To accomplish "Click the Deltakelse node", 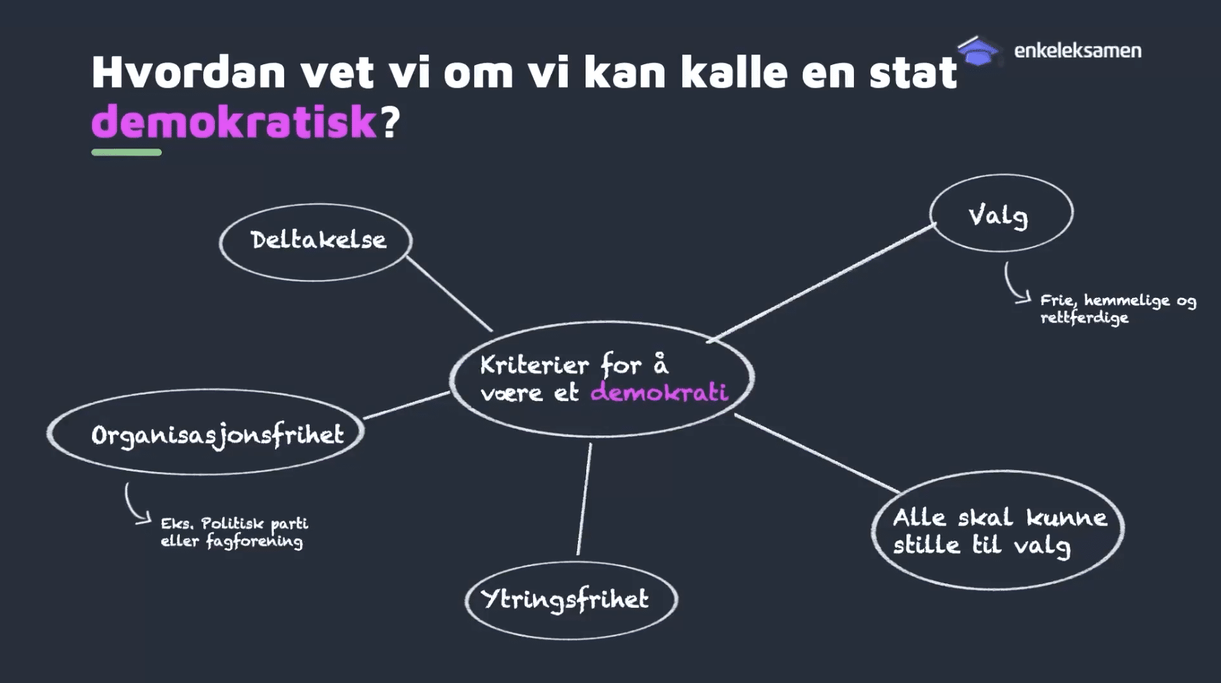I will coord(317,241).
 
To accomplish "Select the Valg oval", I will coord(1000,214).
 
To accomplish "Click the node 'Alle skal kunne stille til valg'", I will coord(998,531).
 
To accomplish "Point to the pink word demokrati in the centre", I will coord(659,393).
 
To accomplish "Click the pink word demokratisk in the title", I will coord(234,122).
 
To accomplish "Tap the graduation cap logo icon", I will coord(978,51).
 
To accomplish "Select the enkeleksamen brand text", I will coord(1077,50).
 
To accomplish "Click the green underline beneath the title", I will coord(127,152).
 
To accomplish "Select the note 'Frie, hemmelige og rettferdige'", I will coord(1117,308).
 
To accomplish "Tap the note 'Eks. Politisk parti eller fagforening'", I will coord(234,532).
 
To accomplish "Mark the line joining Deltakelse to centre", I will coord(449,293).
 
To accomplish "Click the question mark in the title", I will coord(390,122).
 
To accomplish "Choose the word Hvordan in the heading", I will coord(188,72).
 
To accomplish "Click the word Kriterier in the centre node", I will coord(534,364).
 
